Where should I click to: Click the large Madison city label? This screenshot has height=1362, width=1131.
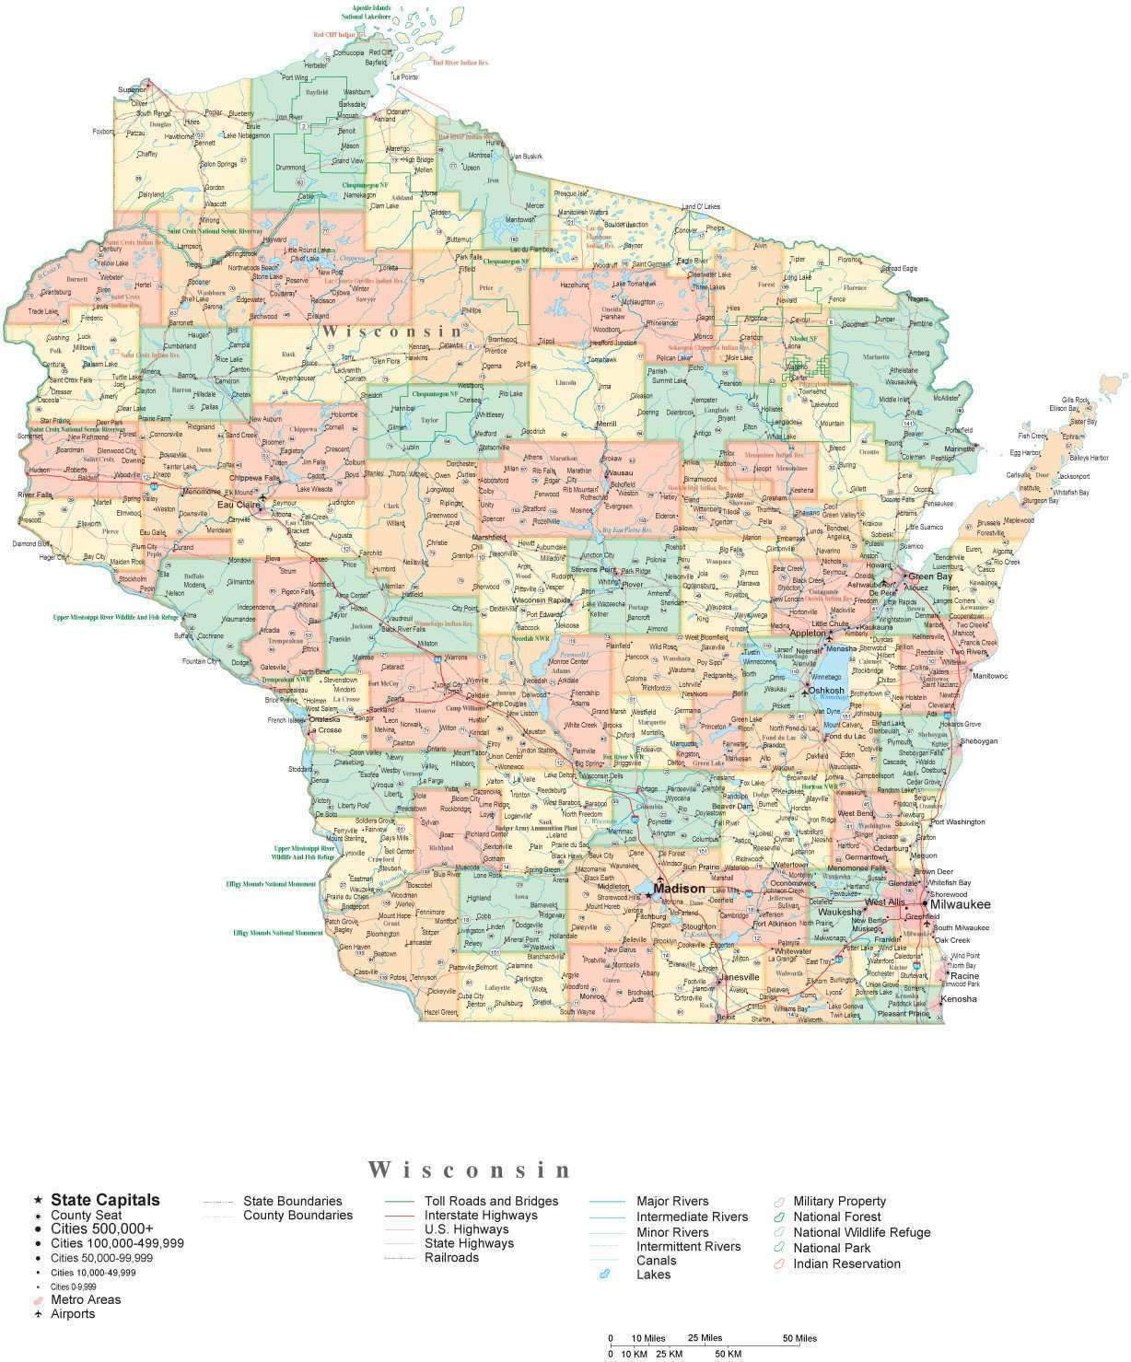[x=680, y=889]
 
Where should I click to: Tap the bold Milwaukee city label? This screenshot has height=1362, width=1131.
[x=960, y=904]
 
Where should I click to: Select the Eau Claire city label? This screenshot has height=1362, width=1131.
[x=236, y=505]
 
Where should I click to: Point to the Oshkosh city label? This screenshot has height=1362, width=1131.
[x=826, y=690]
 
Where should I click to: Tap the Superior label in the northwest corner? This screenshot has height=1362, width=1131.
[x=133, y=89]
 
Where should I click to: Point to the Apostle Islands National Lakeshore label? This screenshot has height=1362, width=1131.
[x=365, y=12]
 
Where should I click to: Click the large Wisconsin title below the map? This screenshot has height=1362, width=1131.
[x=470, y=1170]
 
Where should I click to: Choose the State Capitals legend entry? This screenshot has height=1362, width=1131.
[x=105, y=1200]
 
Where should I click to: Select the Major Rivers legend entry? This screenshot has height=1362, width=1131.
[x=672, y=1201]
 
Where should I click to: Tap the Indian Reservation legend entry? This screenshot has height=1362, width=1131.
[x=846, y=1263]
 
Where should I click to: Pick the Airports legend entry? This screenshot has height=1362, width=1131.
[x=73, y=1313]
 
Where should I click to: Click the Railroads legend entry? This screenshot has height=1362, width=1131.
[x=451, y=1257]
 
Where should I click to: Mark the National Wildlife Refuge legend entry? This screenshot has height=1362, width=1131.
[x=861, y=1232]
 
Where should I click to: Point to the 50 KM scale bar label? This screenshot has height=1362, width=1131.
[x=727, y=1354]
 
